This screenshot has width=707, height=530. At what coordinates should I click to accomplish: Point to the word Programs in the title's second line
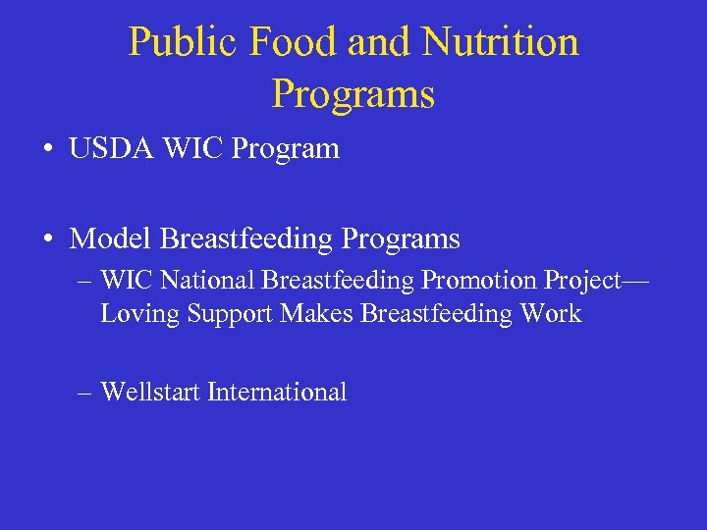(353, 94)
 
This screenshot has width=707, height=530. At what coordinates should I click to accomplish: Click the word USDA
(110, 149)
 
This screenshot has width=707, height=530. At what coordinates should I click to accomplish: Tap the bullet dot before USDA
(47, 150)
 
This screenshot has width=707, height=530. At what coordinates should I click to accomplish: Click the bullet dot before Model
(47, 239)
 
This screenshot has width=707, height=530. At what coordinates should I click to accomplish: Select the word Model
(111, 238)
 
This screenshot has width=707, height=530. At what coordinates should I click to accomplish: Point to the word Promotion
(472, 281)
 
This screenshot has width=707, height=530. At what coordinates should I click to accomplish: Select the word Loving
(133, 314)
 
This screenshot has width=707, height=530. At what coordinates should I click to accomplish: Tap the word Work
(552, 314)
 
